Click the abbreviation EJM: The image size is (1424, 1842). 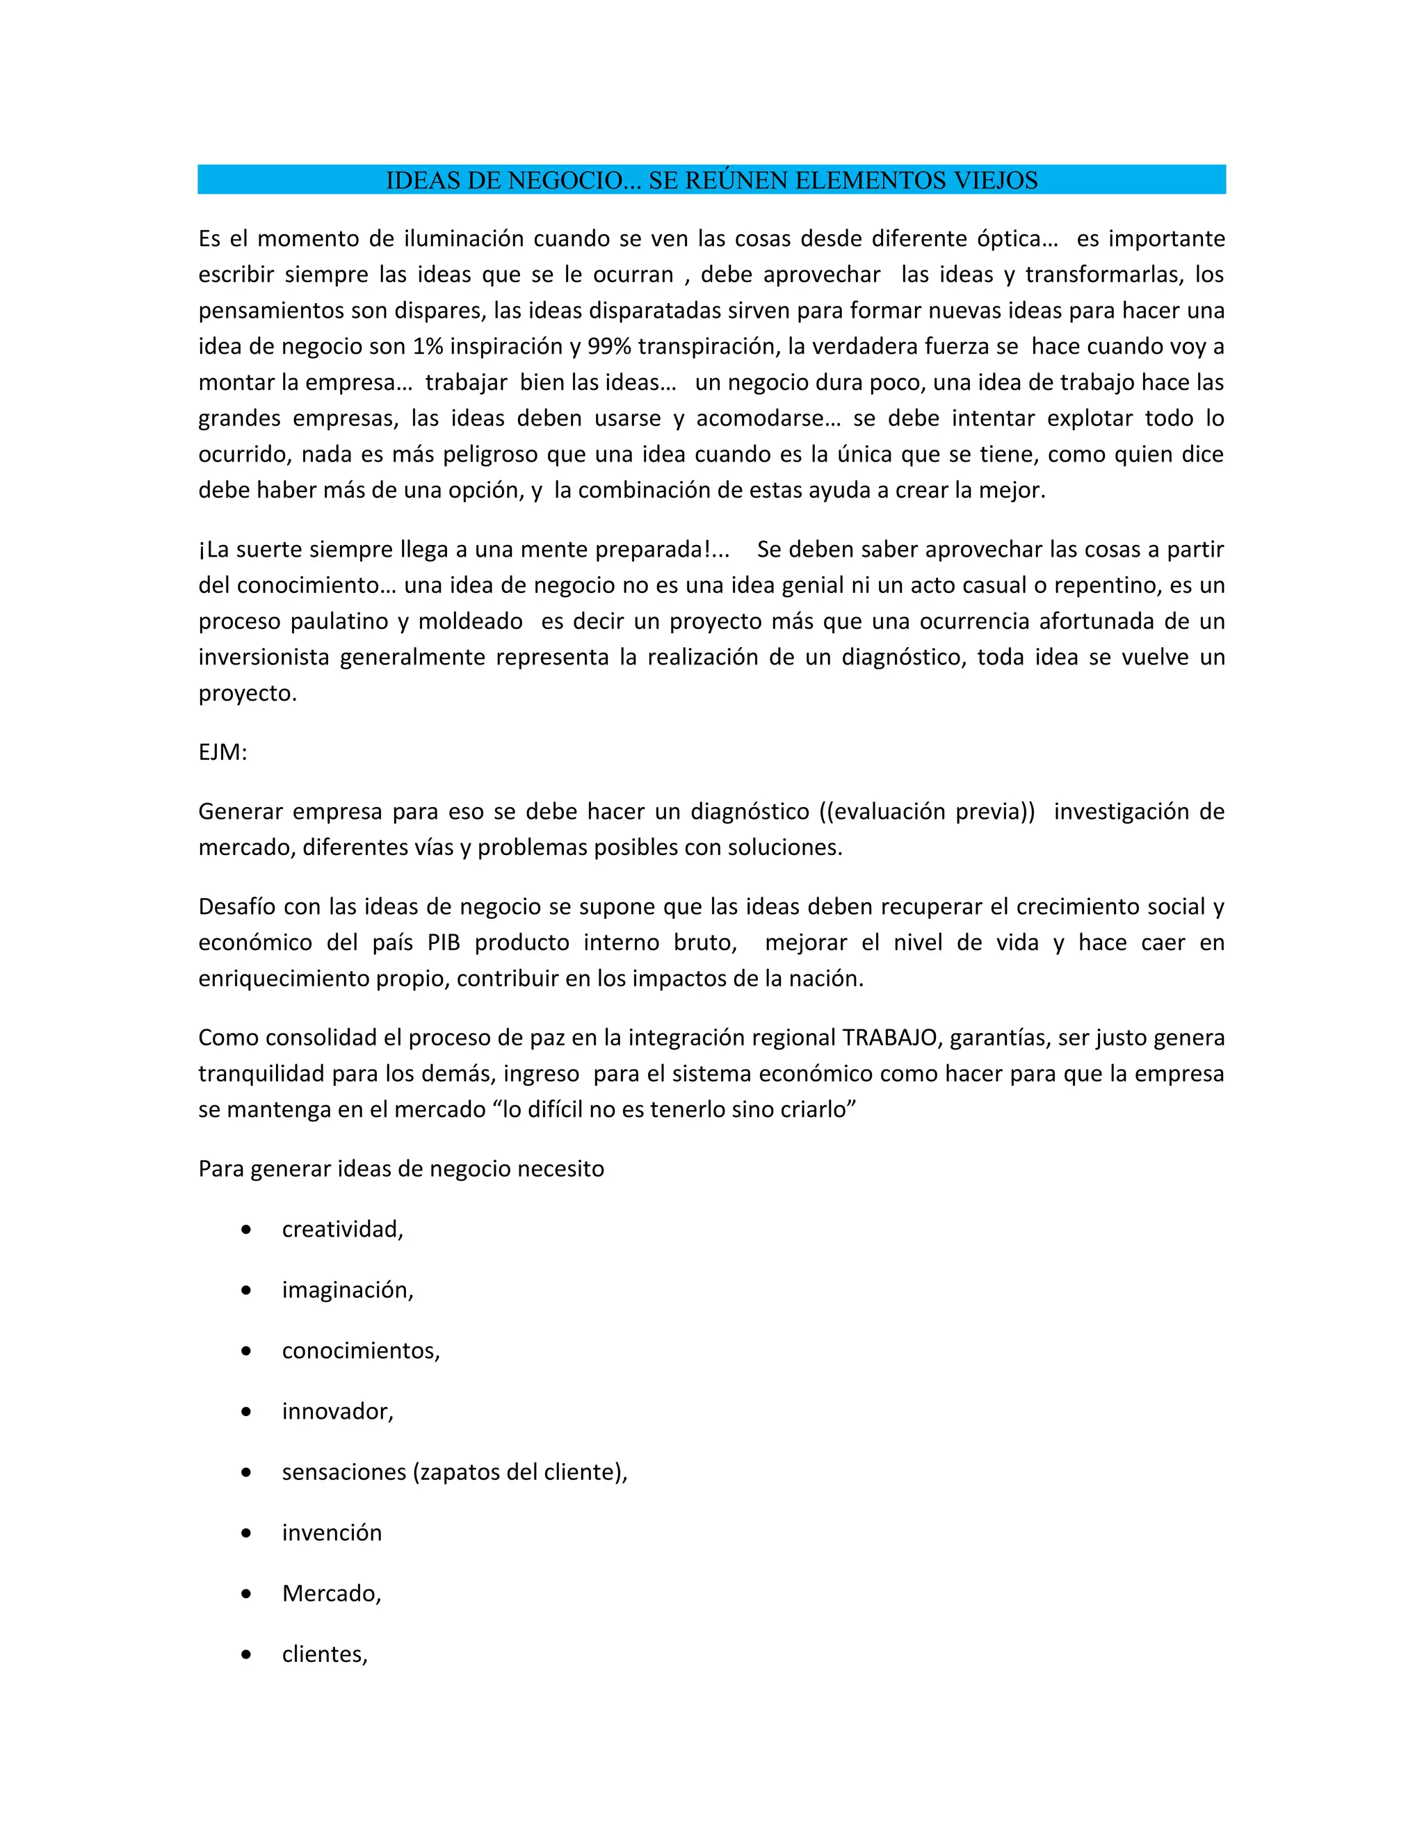tap(222, 752)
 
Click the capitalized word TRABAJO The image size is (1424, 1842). tap(890, 1037)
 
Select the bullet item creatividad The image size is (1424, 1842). tap(341, 1230)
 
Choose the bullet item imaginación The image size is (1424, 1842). tap(347, 1290)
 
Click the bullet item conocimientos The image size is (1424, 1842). tap(360, 1351)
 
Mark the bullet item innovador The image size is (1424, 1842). tap(337, 1412)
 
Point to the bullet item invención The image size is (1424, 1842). tap(332, 1533)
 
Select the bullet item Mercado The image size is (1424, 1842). tap(331, 1594)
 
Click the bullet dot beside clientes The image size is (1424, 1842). tap(245, 1655)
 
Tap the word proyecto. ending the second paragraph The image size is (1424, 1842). tap(247, 693)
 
